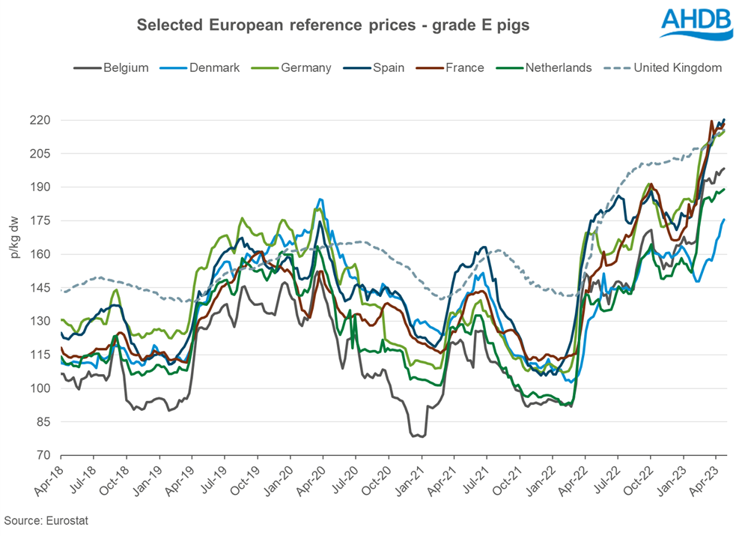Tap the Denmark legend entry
[203, 67]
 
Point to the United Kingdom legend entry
[666, 67]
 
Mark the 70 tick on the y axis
[43, 455]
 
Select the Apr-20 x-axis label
[309, 481]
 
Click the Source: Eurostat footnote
[46, 520]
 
